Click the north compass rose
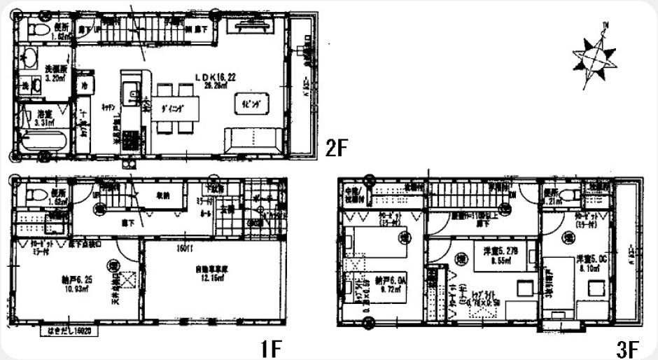tap(594, 55)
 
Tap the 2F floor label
tap(337, 148)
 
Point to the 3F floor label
tap(628, 347)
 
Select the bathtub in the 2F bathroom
tap(43, 143)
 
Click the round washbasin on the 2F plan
tap(29, 60)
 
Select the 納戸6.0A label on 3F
tap(387, 278)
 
